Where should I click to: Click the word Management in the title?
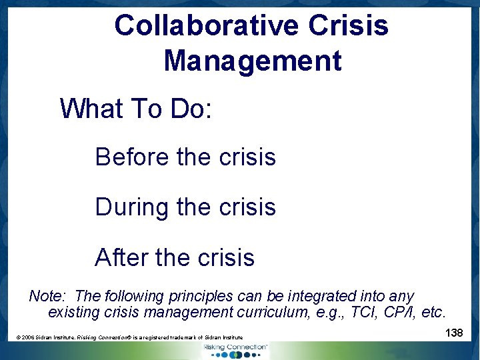click(x=252, y=61)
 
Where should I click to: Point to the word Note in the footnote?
click(x=47, y=296)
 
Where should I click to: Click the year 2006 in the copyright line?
click(x=28, y=338)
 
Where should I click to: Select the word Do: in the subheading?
click(x=191, y=109)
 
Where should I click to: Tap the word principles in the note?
click(x=199, y=296)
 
